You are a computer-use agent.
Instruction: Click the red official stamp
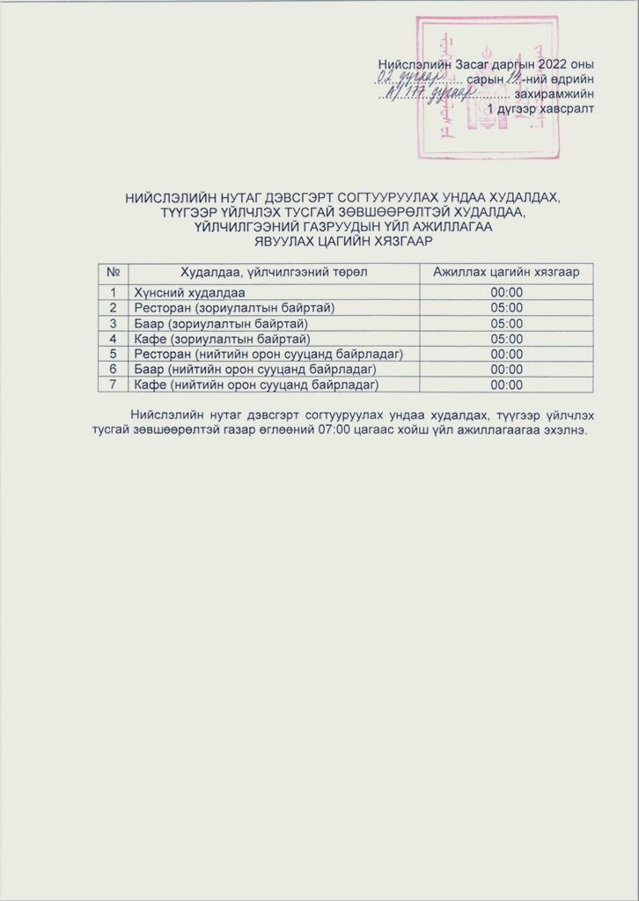[x=487, y=86]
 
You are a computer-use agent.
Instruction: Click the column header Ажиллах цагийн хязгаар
[x=506, y=273]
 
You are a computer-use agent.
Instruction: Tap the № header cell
[x=113, y=273]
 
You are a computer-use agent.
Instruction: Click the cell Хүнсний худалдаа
[x=190, y=292]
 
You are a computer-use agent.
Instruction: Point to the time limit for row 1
[x=506, y=292]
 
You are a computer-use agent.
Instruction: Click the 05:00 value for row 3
[x=506, y=323]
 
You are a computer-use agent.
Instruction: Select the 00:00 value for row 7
[x=506, y=385]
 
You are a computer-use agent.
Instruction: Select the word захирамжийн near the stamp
[x=559, y=93]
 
